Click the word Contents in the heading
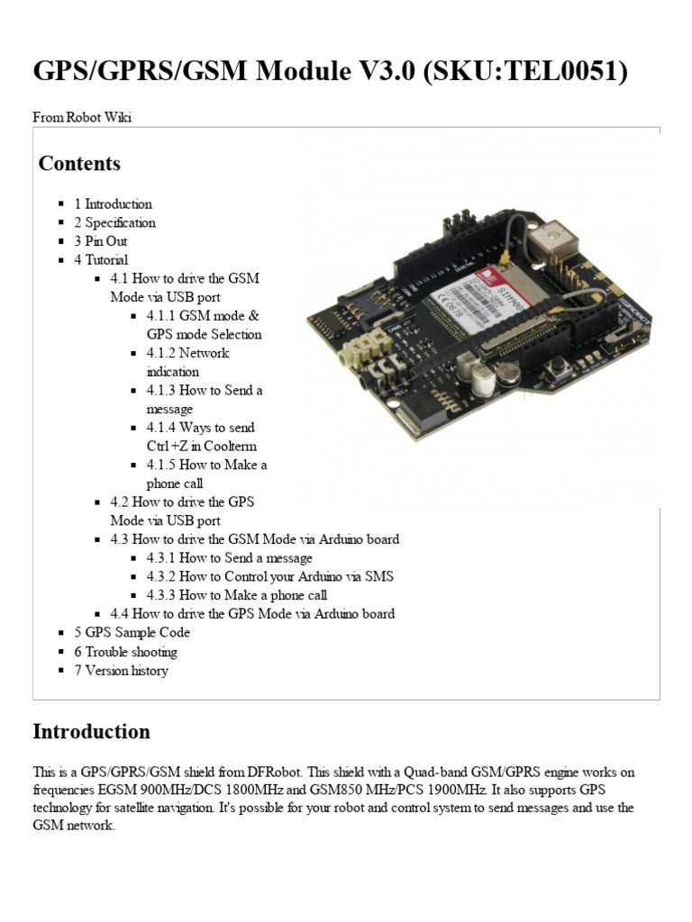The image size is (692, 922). coord(79,163)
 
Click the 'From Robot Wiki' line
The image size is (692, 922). coord(82,118)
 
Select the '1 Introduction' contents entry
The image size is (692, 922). coord(113,203)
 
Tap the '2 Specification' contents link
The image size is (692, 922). coord(114,222)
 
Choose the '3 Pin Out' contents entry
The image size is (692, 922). coord(101,241)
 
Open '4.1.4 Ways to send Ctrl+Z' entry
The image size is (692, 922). coord(201,437)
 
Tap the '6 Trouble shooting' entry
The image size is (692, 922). coord(125,651)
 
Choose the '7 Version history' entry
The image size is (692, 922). coord(121,670)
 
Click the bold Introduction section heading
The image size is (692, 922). coord(91,731)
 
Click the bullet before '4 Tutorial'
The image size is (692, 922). coord(60,260)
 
